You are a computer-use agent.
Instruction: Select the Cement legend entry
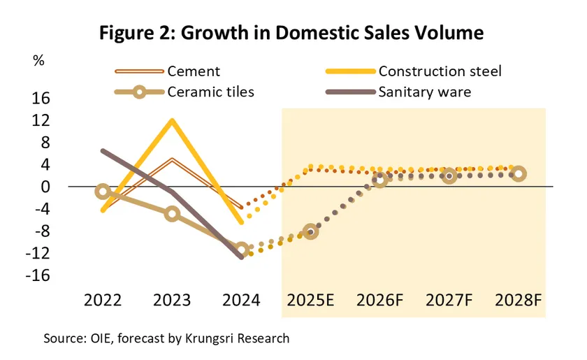194,71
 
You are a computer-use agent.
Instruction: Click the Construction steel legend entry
440,71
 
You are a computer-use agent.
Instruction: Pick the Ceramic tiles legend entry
210,92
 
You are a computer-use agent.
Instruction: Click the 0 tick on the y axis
45,187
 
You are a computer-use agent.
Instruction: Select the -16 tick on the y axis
38,275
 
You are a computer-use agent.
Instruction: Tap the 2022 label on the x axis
103,301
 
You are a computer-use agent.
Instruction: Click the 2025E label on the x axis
310,301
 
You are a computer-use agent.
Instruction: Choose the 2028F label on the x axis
518,301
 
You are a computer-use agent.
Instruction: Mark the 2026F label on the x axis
379,301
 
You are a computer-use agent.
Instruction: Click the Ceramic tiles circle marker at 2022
103,192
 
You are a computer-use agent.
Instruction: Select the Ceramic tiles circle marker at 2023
172,214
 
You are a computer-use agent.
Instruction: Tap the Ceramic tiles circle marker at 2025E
311,231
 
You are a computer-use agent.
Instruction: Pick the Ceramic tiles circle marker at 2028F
519,174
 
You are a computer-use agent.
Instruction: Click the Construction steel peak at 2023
172,120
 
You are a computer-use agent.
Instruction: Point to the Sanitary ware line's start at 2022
103,151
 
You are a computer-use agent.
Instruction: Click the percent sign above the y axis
38,60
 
